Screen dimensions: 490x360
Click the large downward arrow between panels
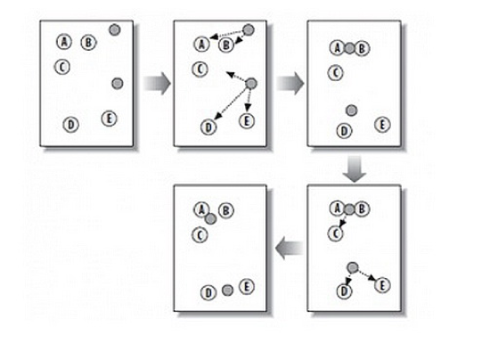[x=354, y=168]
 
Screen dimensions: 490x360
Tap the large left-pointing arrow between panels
[x=290, y=249]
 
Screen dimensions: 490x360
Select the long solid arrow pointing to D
[x=232, y=102]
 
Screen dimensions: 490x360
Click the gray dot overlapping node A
[x=210, y=218]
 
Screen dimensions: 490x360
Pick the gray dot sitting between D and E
[x=227, y=290]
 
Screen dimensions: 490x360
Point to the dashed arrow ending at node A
[x=227, y=35]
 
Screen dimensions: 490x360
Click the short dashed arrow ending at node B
[x=240, y=38]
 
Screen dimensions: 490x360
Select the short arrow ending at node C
[x=343, y=221]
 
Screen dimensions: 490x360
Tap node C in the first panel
[x=62, y=67]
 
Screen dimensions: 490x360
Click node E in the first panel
[x=109, y=119]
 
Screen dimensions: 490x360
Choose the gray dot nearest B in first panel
[x=115, y=29]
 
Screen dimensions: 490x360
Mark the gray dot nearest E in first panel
[x=118, y=84]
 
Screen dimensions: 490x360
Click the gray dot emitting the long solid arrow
[x=251, y=84]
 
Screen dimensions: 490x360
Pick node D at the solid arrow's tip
[x=208, y=127]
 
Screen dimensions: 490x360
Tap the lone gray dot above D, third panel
[x=352, y=110]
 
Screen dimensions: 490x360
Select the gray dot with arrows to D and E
[x=353, y=267]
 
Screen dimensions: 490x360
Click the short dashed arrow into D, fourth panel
[x=347, y=278]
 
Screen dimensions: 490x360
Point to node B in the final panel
[x=226, y=210]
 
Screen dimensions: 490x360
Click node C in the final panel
[x=200, y=235]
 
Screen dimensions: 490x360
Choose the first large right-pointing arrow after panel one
[x=157, y=84]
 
